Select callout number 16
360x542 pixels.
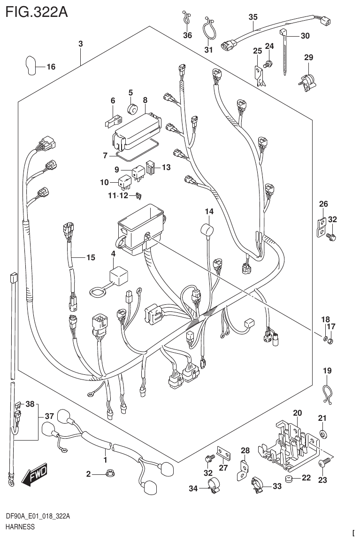point(50,67)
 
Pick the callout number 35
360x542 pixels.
point(253,17)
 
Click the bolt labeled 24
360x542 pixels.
point(268,64)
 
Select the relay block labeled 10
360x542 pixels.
point(125,181)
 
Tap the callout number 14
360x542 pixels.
point(208,212)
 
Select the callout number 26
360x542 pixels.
point(323,204)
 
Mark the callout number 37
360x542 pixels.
point(49,416)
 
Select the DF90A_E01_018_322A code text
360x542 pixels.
point(38,517)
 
